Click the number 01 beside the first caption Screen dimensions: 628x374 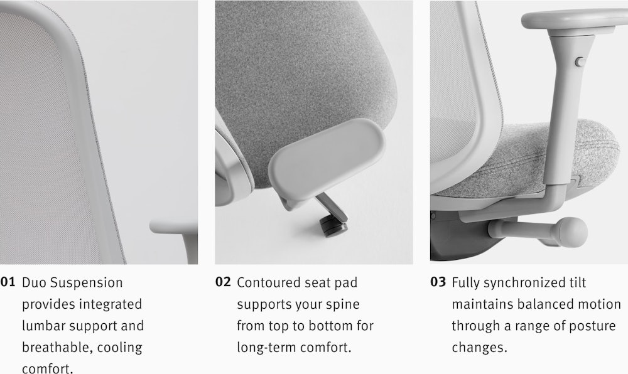pyautogui.click(x=8, y=282)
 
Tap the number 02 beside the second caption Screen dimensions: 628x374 pyautogui.click(x=223, y=282)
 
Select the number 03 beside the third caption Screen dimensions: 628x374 pyautogui.click(x=438, y=282)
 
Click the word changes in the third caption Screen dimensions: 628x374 pyautogui.click(x=479, y=348)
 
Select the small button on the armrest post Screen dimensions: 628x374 pyautogui.click(x=580, y=61)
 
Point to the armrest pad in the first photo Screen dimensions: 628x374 pyautogui.click(x=173, y=227)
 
